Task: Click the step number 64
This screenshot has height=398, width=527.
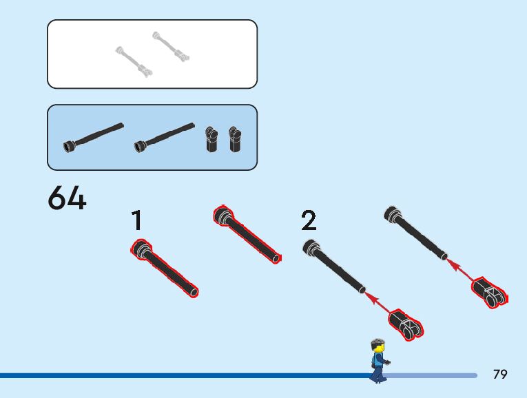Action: click(x=67, y=199)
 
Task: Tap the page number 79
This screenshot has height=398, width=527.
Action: click(x=500, y=374)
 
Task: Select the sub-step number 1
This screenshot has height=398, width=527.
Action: click(x=137, y=221)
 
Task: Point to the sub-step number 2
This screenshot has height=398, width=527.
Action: click(x=309, y=221)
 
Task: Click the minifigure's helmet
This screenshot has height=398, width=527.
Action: click(x=376, y=342)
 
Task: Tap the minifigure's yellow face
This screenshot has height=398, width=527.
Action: click(x=378, y=348)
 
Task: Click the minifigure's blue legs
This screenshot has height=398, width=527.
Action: click(x=377, y=373)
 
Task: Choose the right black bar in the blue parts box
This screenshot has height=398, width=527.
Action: click(x=165, y=136)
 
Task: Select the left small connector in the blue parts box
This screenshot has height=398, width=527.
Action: click(x=210, y=138)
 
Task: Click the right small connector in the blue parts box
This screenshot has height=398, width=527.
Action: click(x=236, y=138)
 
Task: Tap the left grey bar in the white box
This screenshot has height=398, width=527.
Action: click(x=134, y=61)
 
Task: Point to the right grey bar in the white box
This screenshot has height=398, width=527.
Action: click(x=171, y=45)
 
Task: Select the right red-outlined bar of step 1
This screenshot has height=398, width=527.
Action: click(x=247, y=234)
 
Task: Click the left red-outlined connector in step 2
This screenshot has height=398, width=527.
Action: click(x=405, y=324)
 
